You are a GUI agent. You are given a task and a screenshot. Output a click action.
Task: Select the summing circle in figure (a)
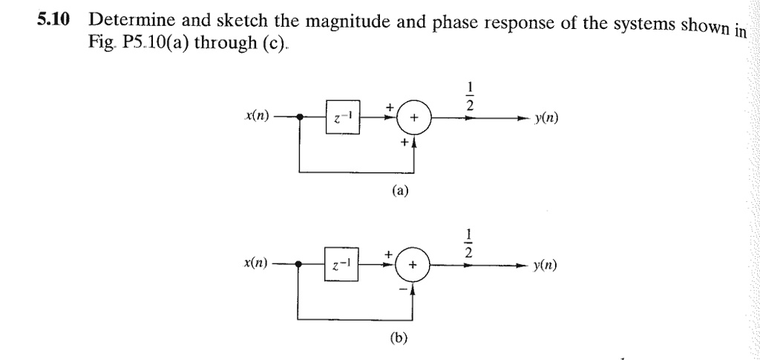coord(413,118)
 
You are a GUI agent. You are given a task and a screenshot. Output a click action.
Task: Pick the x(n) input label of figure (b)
coord(256,263)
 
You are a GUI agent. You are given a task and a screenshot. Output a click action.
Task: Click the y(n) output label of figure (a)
coord(546,117)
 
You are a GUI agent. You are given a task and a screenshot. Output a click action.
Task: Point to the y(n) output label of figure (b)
coord(546,265)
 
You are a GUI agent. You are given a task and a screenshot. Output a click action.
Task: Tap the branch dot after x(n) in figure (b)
coord(298,264)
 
